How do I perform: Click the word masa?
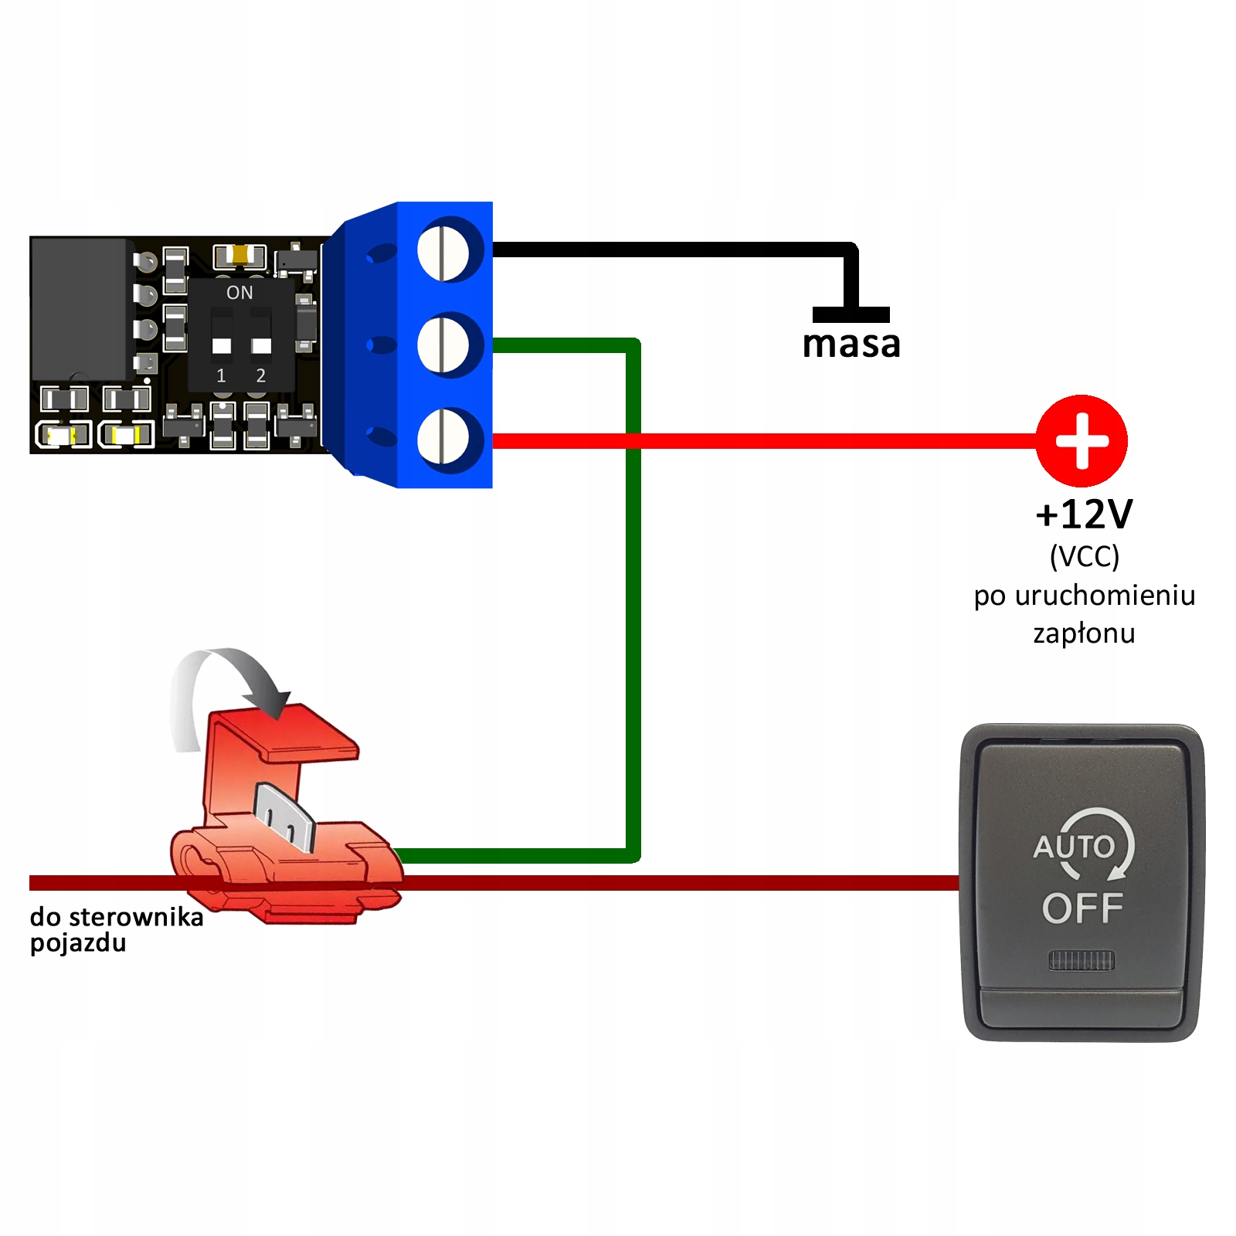click(851, 345)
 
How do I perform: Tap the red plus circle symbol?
click(1081, 440)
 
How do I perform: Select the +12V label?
click(1084, 514)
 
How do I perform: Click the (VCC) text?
click(1084, 556)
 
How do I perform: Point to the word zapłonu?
click(1084, 633)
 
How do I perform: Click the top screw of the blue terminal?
click(443, 250)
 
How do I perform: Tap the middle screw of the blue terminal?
click(443, 345)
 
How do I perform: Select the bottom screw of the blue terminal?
click(443, 440)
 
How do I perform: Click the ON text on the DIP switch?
click(239, 293)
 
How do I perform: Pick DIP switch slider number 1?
click(222, 345)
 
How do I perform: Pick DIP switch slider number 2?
click(261, 345)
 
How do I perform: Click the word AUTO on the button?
click(1074, 847)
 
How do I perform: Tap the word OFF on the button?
click(1082, 908)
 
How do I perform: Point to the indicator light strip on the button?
click(1081, 960)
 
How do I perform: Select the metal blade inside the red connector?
click(284, 817)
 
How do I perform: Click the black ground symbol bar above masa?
click(851, 314)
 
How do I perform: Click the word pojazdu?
click(78, 943)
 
